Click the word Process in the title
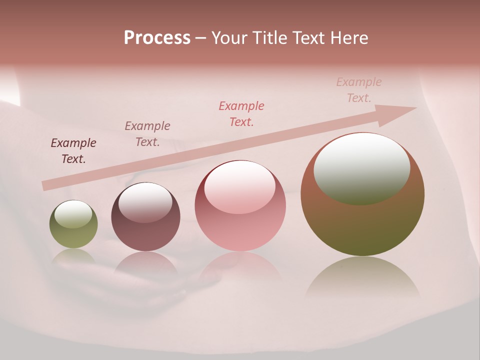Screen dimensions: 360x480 (157, 38)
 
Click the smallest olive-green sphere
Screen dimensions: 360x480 (73, 224)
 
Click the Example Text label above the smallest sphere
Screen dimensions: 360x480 (73, 151)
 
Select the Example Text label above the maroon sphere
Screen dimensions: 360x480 (147, 134)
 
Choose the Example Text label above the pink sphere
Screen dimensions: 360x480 (241, 114)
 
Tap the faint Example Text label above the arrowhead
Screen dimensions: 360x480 (358, 90)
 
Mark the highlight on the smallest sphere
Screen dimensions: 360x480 (73, 214)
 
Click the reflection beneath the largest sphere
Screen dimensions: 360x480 (362, 277)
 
